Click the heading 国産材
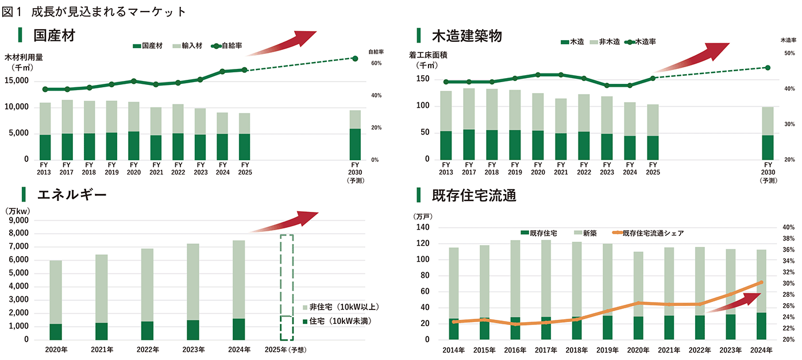tap(55, 36)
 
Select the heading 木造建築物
tap(466, 36)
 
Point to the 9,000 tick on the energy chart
tap(20, 220)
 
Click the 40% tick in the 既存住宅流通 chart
tap(788, 228)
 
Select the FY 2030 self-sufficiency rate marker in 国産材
tap(355, 59)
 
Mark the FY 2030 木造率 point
tap(768, 68)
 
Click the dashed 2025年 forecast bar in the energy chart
tap(287, 287)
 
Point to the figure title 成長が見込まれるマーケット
tap(109, 11)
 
